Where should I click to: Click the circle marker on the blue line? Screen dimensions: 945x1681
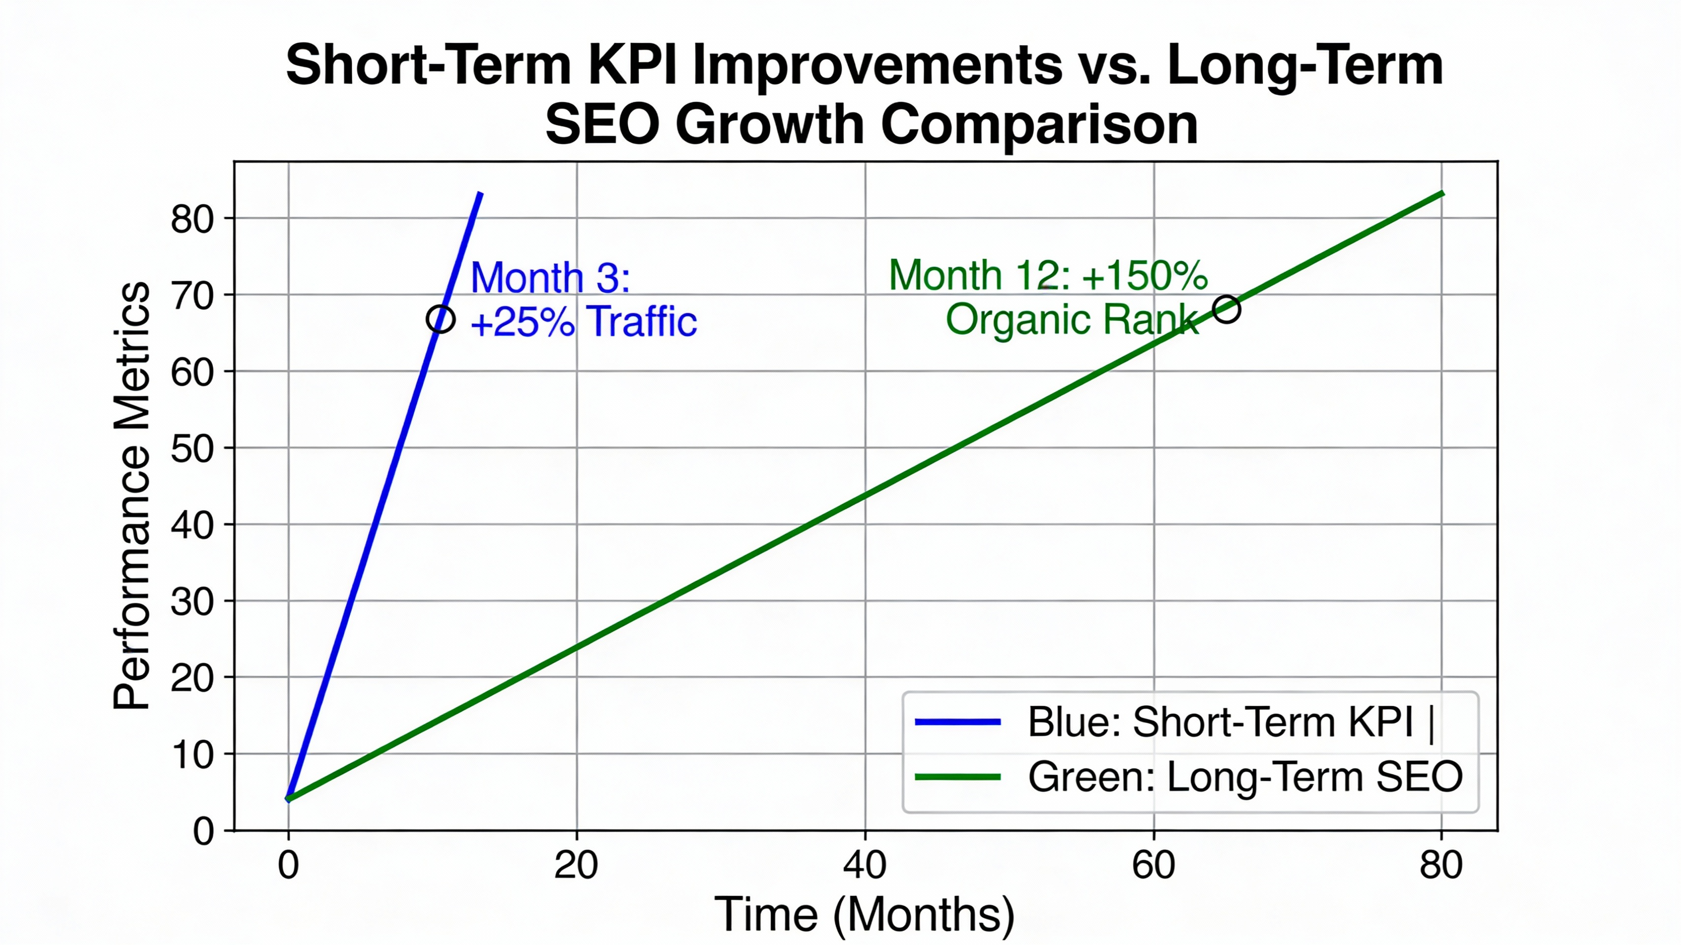click(440, 319)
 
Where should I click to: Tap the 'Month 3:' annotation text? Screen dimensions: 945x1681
click(550, 278)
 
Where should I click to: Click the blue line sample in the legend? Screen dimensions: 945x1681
click(957, 722)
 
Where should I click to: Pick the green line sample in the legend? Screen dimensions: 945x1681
click(957, 777)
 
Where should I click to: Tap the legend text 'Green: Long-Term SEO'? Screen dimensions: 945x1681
click(1245, 777)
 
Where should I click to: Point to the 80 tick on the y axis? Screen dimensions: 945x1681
click(192, 220)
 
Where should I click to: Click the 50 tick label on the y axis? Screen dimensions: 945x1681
click(192, 449)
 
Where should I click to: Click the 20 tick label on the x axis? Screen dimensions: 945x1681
click(576, 865)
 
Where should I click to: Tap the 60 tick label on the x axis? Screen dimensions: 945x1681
click(1153, 865)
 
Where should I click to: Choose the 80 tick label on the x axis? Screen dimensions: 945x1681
click(1441, 865)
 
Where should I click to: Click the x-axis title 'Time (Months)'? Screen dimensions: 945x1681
click(865, 914)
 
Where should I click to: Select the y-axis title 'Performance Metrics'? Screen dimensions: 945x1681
click(132, 496)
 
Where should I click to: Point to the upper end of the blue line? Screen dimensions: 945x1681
click(480, 194)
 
